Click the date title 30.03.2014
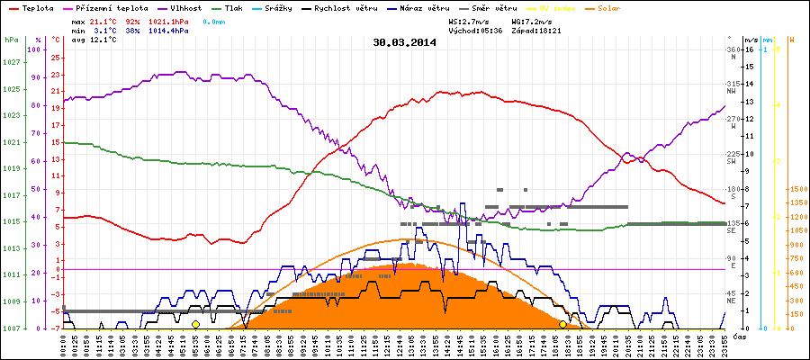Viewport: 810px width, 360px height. pyautogui.click(x=404, y=42)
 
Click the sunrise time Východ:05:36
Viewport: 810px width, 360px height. pyautogui.click(x=473, y=30)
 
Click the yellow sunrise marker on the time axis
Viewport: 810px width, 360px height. pyautogui.click(x=195, y=324)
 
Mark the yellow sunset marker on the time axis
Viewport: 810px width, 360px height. pyautogui.click(x=563, y=324)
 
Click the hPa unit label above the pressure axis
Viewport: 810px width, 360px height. pyautogui.click(x=11, y=40)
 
